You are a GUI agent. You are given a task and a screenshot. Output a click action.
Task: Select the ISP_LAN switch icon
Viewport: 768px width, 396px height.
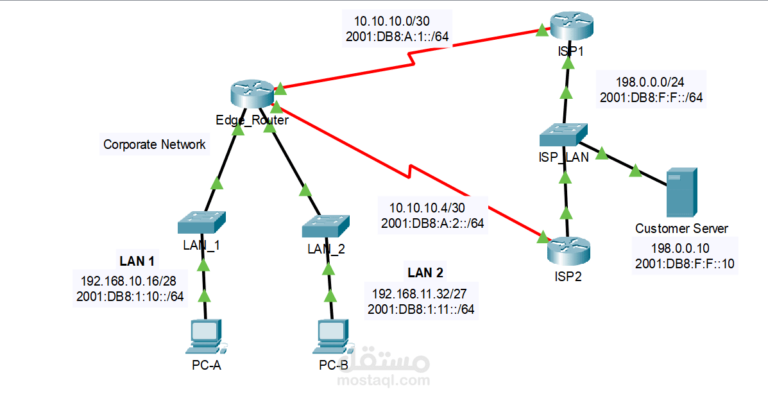[563, 135]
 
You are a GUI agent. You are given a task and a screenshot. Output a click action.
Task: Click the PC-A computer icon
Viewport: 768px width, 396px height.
[205, 338]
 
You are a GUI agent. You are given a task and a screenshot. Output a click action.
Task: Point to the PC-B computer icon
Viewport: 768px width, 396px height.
[332, 338]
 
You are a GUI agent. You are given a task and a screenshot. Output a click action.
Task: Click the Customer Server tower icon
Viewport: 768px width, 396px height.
[681, 192]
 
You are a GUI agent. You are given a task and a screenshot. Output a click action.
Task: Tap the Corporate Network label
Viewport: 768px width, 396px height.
[155, 144]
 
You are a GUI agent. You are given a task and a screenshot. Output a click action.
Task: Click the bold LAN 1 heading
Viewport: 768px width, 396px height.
[137, 261]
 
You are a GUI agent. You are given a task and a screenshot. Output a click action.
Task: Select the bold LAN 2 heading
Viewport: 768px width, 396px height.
[425, 273]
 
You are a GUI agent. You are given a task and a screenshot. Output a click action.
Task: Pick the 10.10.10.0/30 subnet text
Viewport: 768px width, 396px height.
[397, 21]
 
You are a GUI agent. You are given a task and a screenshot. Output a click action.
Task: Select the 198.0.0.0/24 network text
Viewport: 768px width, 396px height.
[651, 82]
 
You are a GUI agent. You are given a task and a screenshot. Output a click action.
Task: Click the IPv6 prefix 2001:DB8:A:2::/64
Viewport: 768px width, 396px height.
[432, 223]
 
